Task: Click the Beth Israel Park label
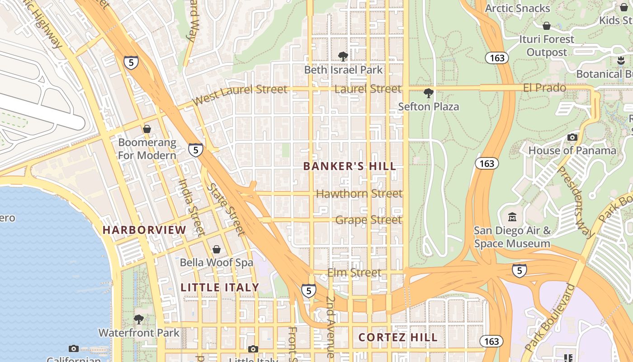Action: coord(343,70)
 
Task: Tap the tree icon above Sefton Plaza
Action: coord(428,94)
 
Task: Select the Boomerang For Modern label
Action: coord(147,149)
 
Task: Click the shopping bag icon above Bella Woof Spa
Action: coord(217,249)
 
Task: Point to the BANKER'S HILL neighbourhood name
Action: coord(350,166)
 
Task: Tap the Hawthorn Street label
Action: coord(359,194)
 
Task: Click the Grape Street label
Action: coord(368,220)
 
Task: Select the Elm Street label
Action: coord(354,273)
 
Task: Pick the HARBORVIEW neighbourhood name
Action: coord(144,230)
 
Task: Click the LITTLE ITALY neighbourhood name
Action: coord(220,287)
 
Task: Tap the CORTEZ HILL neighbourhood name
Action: coord(398,338)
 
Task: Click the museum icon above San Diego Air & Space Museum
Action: coord(512,218)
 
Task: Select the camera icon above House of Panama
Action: coord(572,137)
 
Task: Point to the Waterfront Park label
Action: coord(139,333)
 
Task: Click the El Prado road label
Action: coord(544,88)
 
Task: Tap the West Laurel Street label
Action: coord(240,94)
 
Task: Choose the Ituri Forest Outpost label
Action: coord(546,46)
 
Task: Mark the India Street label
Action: coord(192,208)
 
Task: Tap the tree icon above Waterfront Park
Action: coord(139,319)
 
